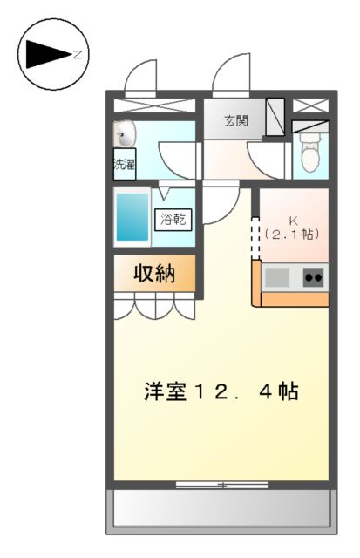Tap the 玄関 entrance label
point(234,121)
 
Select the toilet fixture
point(309,153)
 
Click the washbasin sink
point(126,135)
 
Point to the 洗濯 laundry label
point(125,164)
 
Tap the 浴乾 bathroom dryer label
point(172,220)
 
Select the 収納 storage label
point(154,274)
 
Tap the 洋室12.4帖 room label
point(221,391)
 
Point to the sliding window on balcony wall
point(221,484)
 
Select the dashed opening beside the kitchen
point(255,237)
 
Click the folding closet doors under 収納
point(154,306)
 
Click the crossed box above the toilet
point(311,105)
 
